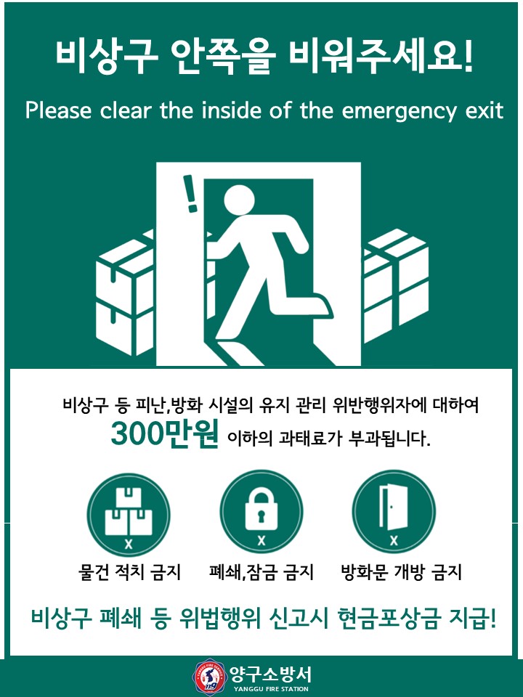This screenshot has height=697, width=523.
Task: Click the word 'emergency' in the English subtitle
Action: [x=399, y=111]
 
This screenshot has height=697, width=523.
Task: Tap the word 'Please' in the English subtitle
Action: [x=58, y=110]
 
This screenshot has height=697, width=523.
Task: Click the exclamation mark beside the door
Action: [x=190, y=194]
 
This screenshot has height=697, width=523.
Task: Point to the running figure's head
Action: [x=239, y=200]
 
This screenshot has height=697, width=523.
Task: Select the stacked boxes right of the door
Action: [x=395, y=285]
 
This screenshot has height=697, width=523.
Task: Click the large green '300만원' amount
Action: [x=165, y=433]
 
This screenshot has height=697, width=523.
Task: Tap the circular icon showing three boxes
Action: [x=129, y=515]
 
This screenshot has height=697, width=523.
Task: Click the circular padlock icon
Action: [x=261, y=512]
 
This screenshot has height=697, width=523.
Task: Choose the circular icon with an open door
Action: [x=394, y=512]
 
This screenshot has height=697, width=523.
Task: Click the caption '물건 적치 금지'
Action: [x=129, y=572]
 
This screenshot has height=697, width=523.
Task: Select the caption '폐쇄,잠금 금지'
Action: [x=261, y=572]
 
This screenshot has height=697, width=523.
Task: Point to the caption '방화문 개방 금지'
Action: [x=401, y=572]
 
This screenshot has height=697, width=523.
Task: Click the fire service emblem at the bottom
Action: [x=209, y=677]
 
